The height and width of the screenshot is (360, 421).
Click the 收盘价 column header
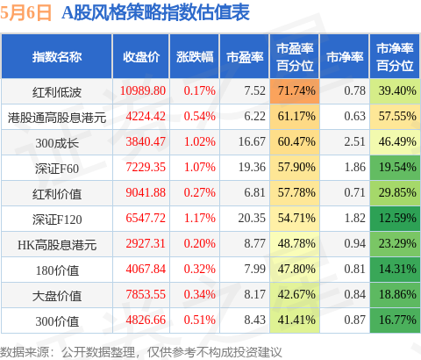tap(141, 57)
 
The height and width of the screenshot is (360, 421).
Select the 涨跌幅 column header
tap(195, 57)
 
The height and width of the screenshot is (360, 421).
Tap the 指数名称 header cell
tap(57, 57)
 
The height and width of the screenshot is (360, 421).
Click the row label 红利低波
tap(57, 92)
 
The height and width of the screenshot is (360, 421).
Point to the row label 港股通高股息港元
tap(57, 118)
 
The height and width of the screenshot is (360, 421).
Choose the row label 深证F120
tap(57, 220)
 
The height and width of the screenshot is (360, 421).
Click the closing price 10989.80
tap(143, 90)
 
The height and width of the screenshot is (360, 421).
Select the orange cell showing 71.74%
tap(295, 91)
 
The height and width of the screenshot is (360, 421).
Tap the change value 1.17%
tap(200, 218)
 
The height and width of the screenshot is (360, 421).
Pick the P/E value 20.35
tap(252, 218)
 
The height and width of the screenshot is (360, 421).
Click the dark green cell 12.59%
tap(395, 219)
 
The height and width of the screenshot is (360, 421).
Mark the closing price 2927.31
tap(146, 243)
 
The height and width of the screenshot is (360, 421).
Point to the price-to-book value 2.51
tap(354, 141)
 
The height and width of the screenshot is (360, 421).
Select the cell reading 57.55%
tap(395, 117)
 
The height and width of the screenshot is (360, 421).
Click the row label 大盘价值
tap(57, 296)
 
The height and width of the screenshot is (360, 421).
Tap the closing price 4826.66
tap(146, 320)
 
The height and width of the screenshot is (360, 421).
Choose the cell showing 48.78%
tap(295, 244)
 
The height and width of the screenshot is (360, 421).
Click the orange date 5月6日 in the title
tap(25, 12)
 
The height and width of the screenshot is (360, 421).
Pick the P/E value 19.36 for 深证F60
tap(252, 167)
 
